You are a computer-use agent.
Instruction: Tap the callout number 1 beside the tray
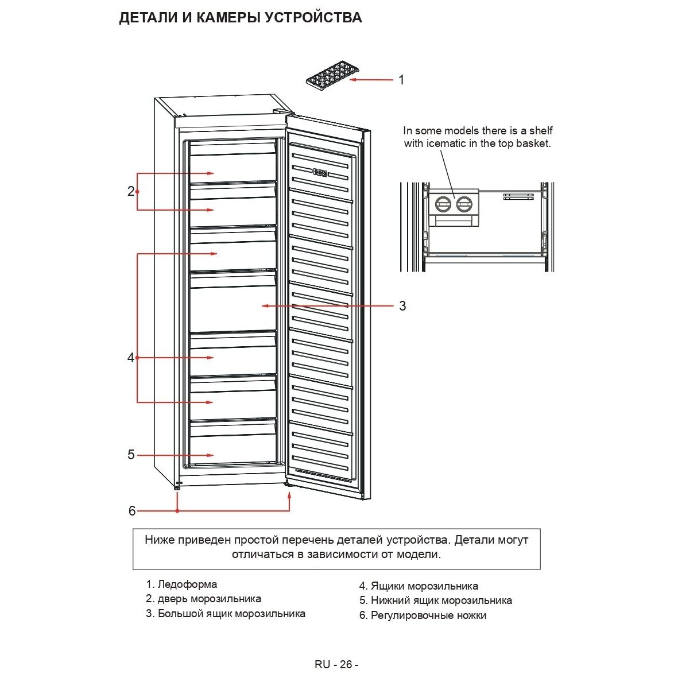(x=401, y=80)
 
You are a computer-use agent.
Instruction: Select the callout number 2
(x=131, y=191)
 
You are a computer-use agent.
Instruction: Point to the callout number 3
(x=402, y=306)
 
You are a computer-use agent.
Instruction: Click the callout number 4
(x=131, y=358)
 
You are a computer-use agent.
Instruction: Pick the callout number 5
(x=131, y=455)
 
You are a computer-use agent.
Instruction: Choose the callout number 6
(x=132, y=510)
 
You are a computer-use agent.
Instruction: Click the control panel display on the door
(x=320, y=172)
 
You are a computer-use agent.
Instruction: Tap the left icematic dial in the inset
(x=443, y=204)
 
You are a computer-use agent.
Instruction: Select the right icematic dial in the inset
(x=464, y=204)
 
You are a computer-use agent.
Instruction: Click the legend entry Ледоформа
(x=187, y=584)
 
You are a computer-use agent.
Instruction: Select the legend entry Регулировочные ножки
(x=428, y=615)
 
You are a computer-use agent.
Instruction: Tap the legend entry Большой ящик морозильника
(x=231, y=614)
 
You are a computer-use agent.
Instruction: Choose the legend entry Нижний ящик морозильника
(x=441, y=601)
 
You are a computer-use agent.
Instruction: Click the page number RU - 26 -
(x=336, y=664)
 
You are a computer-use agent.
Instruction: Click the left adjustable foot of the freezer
(x=177, y=488)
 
